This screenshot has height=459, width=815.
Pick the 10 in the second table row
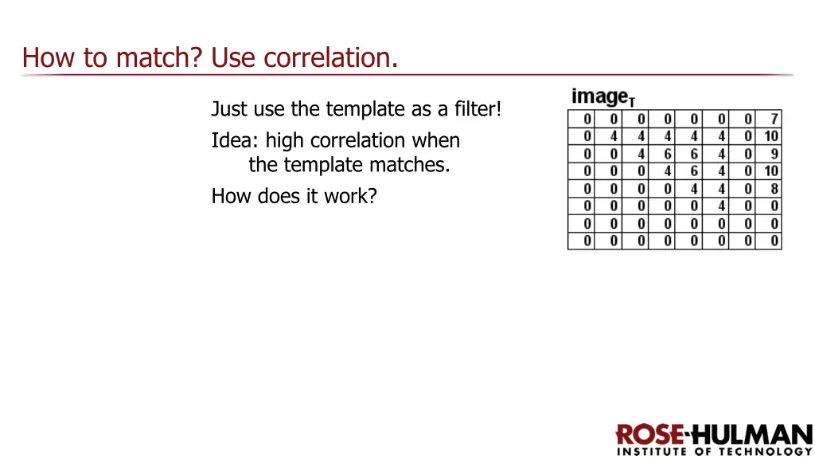(771, 136)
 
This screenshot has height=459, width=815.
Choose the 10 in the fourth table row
(771, 171)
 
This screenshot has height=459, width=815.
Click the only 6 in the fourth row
(694, 171)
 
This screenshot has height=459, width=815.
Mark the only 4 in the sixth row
(721, 206)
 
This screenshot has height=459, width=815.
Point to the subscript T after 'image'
(632, 101)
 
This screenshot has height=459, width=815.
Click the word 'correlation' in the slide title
(330, 57)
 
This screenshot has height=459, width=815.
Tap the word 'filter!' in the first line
(477, 108)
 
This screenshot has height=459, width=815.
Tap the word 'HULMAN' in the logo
(751, 435)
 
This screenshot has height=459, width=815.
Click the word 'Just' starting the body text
(229, 108)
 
